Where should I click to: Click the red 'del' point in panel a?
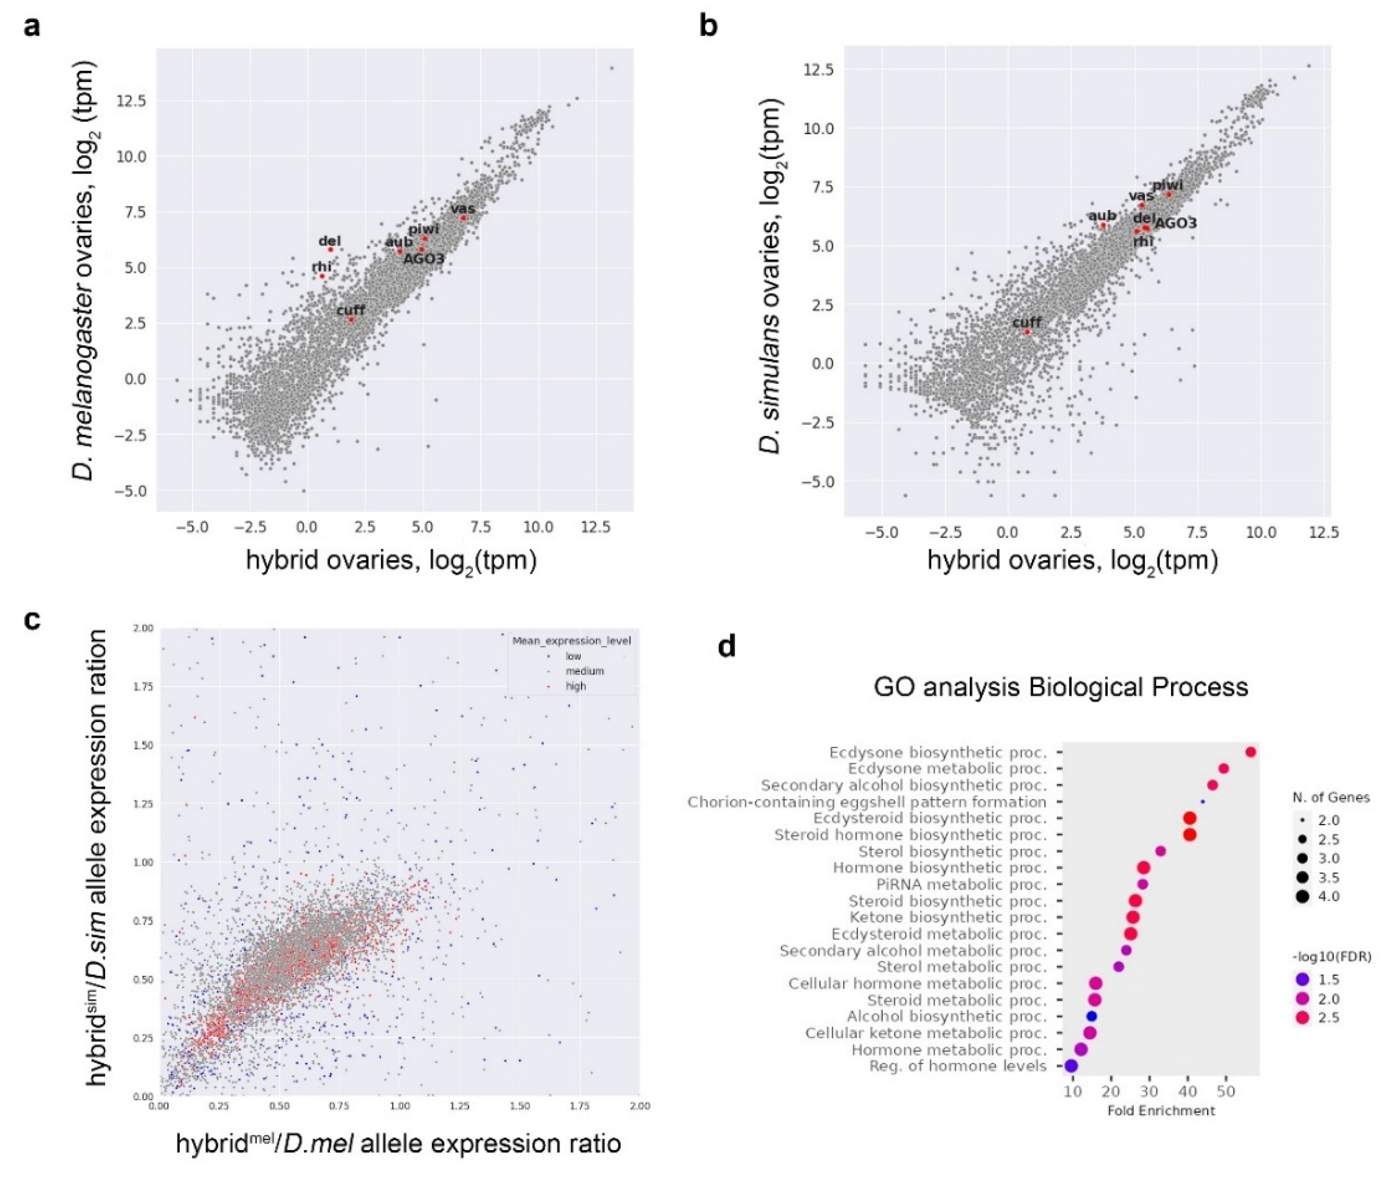coord(330,249)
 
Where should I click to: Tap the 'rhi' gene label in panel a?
coord(321,267)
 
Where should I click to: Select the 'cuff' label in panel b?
coord(1027,322)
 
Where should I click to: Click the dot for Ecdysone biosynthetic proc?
coord(1251,752)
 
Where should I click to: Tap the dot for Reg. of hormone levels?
coord(1071,1066)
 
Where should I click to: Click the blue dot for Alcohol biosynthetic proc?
coord(1092,1016)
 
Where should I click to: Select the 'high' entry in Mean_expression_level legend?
coord(575,686)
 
